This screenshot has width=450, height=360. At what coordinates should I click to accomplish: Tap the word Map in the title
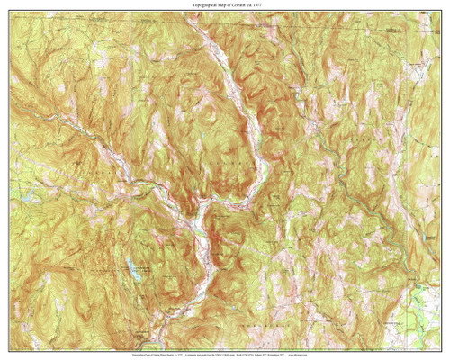tap(220, 5)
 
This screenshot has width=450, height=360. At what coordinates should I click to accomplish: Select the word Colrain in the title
tap(240, 5)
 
